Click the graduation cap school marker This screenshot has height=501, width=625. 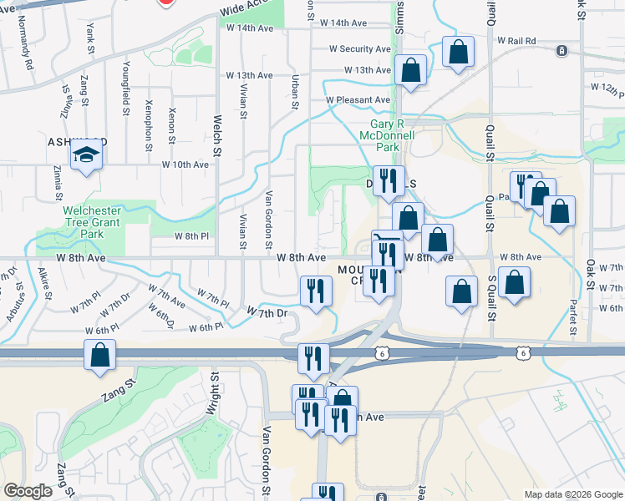86,156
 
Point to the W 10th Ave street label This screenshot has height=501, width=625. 185,164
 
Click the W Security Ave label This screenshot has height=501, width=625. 360,49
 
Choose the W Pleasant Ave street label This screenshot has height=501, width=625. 358,99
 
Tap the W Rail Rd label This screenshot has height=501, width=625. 516,40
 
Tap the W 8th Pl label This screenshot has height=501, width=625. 191,236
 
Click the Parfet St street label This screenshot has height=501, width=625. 573,316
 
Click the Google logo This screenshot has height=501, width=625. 28,491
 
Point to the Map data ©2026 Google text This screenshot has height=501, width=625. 572,494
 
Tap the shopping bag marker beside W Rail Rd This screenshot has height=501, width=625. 459,53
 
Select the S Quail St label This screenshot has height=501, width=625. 491,300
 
